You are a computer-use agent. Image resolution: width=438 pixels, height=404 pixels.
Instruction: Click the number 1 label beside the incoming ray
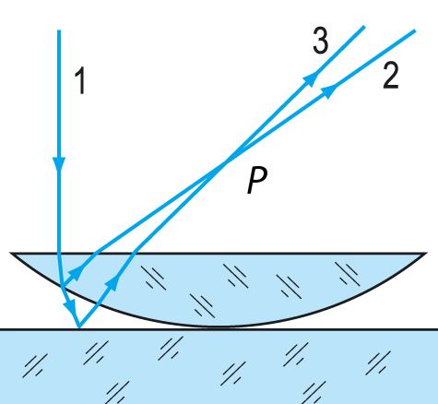coord(80,81)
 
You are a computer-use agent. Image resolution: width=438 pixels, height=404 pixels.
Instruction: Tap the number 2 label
coord(391,76)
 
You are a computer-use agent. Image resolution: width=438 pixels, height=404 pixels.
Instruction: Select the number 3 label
coord(321,41)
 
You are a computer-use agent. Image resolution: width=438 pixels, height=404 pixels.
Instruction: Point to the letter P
coord(257,181)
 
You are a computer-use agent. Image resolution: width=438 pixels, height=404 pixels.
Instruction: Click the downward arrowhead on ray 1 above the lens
coord(59,163)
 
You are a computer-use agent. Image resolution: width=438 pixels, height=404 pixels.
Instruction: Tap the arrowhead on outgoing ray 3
coord(310,79)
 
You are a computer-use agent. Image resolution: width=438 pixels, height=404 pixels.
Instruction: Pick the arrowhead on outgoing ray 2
coord(329,90)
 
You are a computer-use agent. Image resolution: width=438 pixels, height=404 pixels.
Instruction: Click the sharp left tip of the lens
coord(11,254)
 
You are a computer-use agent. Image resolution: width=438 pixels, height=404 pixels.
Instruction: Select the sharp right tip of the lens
coord(426,254)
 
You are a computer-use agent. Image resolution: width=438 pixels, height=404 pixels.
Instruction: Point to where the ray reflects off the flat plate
coord(79,327)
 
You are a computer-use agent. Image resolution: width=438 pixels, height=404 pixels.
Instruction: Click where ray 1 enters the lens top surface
coord(59,254)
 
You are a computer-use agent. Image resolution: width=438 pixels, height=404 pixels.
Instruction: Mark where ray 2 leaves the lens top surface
coord(95,254)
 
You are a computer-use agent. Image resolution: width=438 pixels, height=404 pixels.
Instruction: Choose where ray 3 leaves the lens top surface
coord(134,254)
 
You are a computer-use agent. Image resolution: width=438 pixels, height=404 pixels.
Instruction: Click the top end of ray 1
coord(59,30)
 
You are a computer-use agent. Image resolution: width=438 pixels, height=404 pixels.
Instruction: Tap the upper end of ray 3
coord(364,27)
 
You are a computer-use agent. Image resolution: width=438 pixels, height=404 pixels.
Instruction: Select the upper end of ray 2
coord(415,30)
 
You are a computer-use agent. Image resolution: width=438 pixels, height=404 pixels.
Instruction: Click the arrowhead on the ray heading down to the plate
coord(70,306)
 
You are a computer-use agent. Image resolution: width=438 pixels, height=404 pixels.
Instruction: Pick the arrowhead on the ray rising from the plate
coord(112,282)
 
